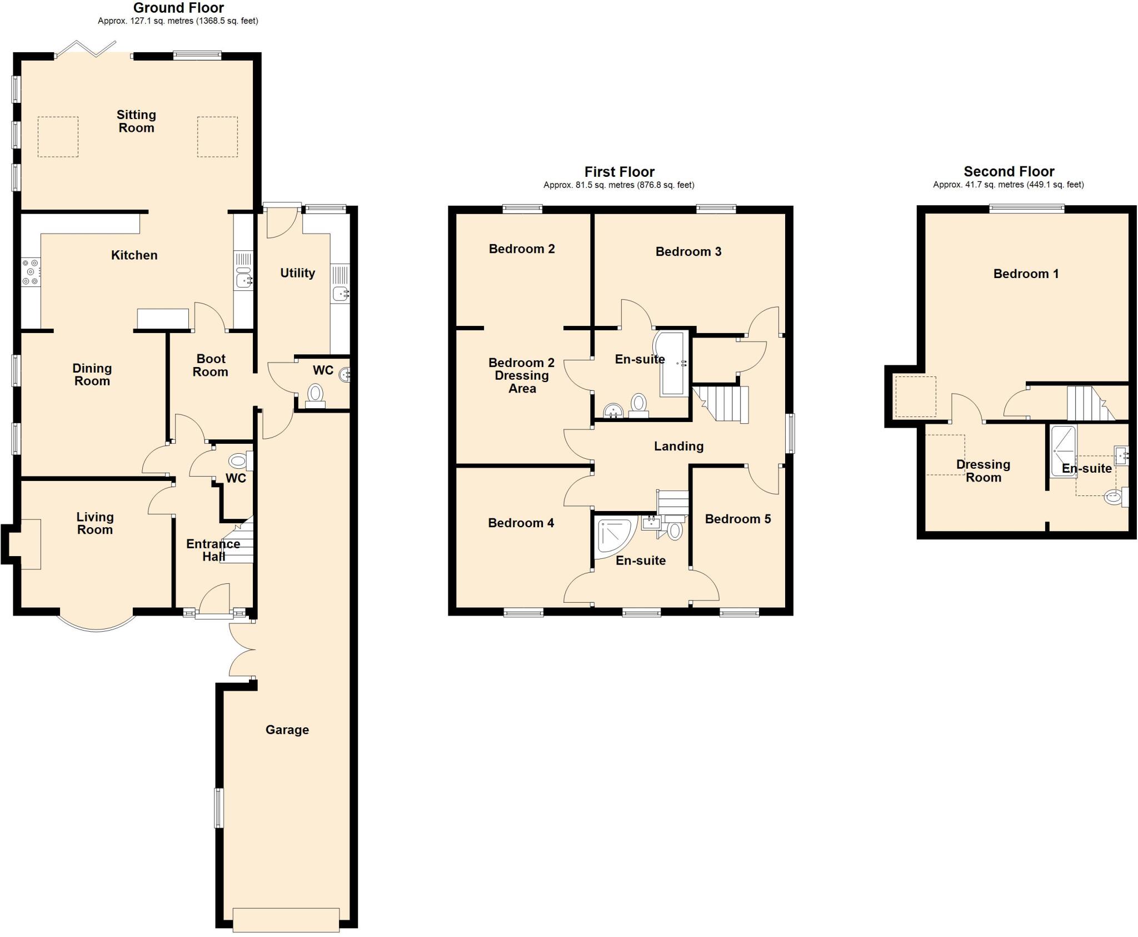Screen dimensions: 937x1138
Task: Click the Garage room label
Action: pyautogui.click(x=287, y=730)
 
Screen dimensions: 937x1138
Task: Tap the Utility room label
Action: pyautogui.click(x=297, y=272)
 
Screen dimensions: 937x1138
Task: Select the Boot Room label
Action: pyautogui.click(x=211, y=365)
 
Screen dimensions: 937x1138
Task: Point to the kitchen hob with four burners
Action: pyautogui.click(x=31, y=272)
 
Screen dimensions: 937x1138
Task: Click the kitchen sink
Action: pyautogui.click(x=243, y=279)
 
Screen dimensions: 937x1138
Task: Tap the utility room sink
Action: pyautogui.click(x=340, y=292)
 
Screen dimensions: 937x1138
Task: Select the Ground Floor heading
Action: pyautogui.click(x=178, y=8)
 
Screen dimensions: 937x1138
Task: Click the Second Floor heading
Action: pyautogui.click(x=1009, y=171)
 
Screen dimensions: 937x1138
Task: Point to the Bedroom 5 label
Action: pyautogui.click(x=737, y=519)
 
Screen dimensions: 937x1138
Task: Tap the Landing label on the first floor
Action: pyautogui.click(x=678, y=446)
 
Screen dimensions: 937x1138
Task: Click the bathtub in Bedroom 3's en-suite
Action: pyautogui.click(x=672, y=364)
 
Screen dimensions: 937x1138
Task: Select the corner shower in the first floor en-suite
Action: pyautogui.click(x=613, y=537)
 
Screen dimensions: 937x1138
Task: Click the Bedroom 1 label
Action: pyautogui.click(x=1026, y=274)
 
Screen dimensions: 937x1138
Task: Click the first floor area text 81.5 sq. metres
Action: pyautogui.click(x=618, y=185)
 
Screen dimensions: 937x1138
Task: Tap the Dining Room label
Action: pyautogui.click(x=92, y=374)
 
